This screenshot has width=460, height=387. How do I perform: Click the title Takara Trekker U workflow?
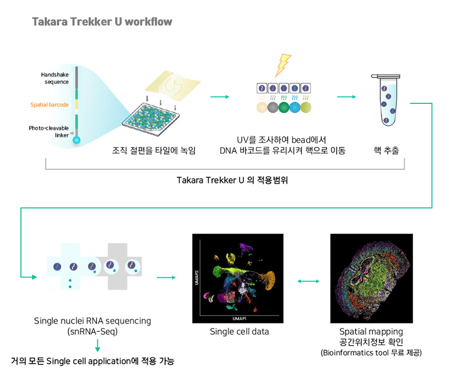pos(102,21)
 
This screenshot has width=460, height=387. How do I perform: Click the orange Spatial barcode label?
pos(49,105)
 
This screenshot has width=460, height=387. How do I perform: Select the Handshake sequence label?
pos(55,78)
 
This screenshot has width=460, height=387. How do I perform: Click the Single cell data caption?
pos(239,332)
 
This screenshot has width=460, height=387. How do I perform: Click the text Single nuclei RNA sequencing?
pos(93,321)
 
